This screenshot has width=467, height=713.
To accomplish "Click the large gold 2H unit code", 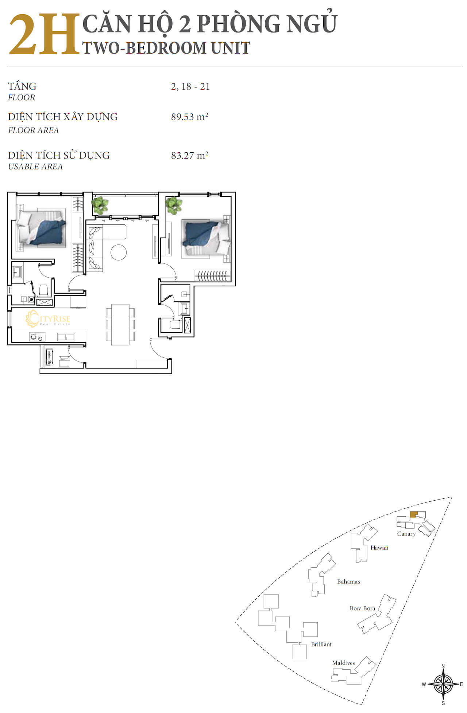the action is point(44,35).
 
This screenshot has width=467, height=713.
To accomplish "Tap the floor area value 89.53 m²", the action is point(189,117).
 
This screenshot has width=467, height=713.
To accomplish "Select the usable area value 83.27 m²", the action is point(189,155).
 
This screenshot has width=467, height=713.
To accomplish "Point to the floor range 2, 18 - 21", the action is point(190,86).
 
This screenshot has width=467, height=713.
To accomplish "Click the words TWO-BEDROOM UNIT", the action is point(166,48).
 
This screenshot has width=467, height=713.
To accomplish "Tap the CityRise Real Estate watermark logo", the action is point(48,319).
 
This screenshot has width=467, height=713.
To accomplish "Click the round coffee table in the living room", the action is point(119,252).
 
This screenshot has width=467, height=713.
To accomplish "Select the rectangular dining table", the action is point(120,324).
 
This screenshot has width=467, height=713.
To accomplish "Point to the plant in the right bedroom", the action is point(174,205).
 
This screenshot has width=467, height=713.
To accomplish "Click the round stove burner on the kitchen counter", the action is point(34,337).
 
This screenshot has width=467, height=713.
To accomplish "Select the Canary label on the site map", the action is point(406,534).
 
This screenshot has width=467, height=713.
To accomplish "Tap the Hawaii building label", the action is point(379,548).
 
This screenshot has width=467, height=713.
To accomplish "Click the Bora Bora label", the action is point(362,608).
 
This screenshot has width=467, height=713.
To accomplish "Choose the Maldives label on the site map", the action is point(343,663).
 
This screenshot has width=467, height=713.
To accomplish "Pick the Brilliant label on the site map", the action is point(321,644).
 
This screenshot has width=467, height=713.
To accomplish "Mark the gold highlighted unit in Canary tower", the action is point(414,514).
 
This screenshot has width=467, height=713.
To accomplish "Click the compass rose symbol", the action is point(443,685).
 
